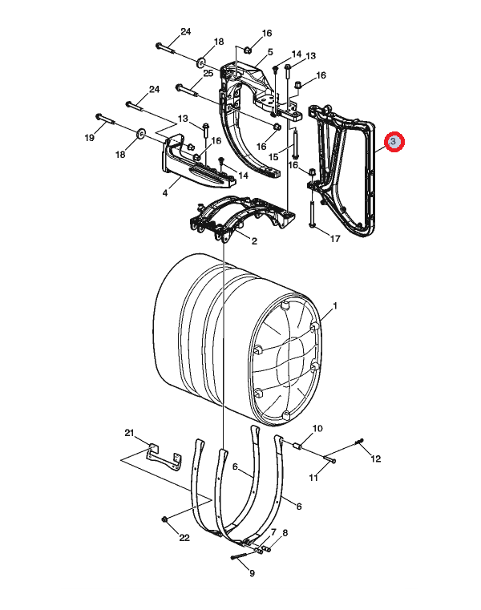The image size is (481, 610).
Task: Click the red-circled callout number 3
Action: click(394, 142)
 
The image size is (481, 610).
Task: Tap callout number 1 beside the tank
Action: click(334, 305)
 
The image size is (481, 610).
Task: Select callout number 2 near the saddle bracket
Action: click(254, 241)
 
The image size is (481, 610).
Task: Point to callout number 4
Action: click(165, 193)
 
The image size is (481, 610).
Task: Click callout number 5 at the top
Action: click(270, 52)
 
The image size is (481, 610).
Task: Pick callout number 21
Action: click(129, 433)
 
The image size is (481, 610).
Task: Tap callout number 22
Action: click(184, 538)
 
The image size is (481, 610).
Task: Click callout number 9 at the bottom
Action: click(253, 573)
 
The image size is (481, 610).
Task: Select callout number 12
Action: click(375, 459)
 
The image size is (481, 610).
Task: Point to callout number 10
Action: click(317, 428)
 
